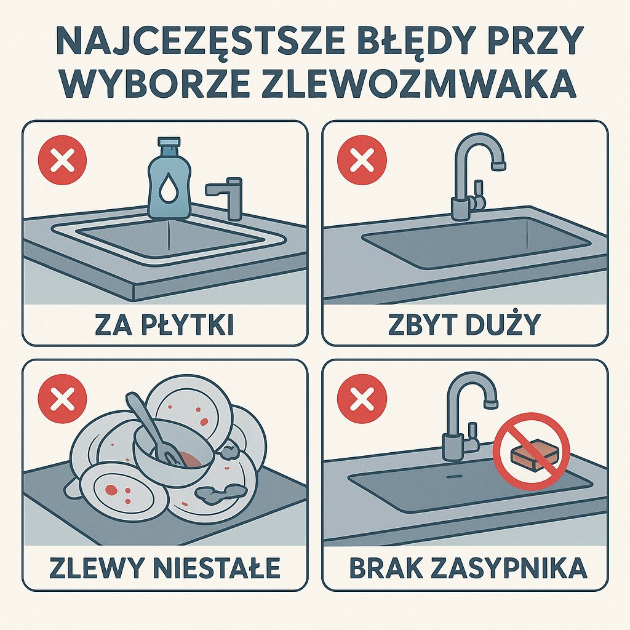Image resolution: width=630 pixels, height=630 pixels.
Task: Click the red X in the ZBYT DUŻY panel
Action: [x=362, y=162]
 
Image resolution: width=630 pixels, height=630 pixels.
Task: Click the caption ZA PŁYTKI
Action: [x=164, y=324]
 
